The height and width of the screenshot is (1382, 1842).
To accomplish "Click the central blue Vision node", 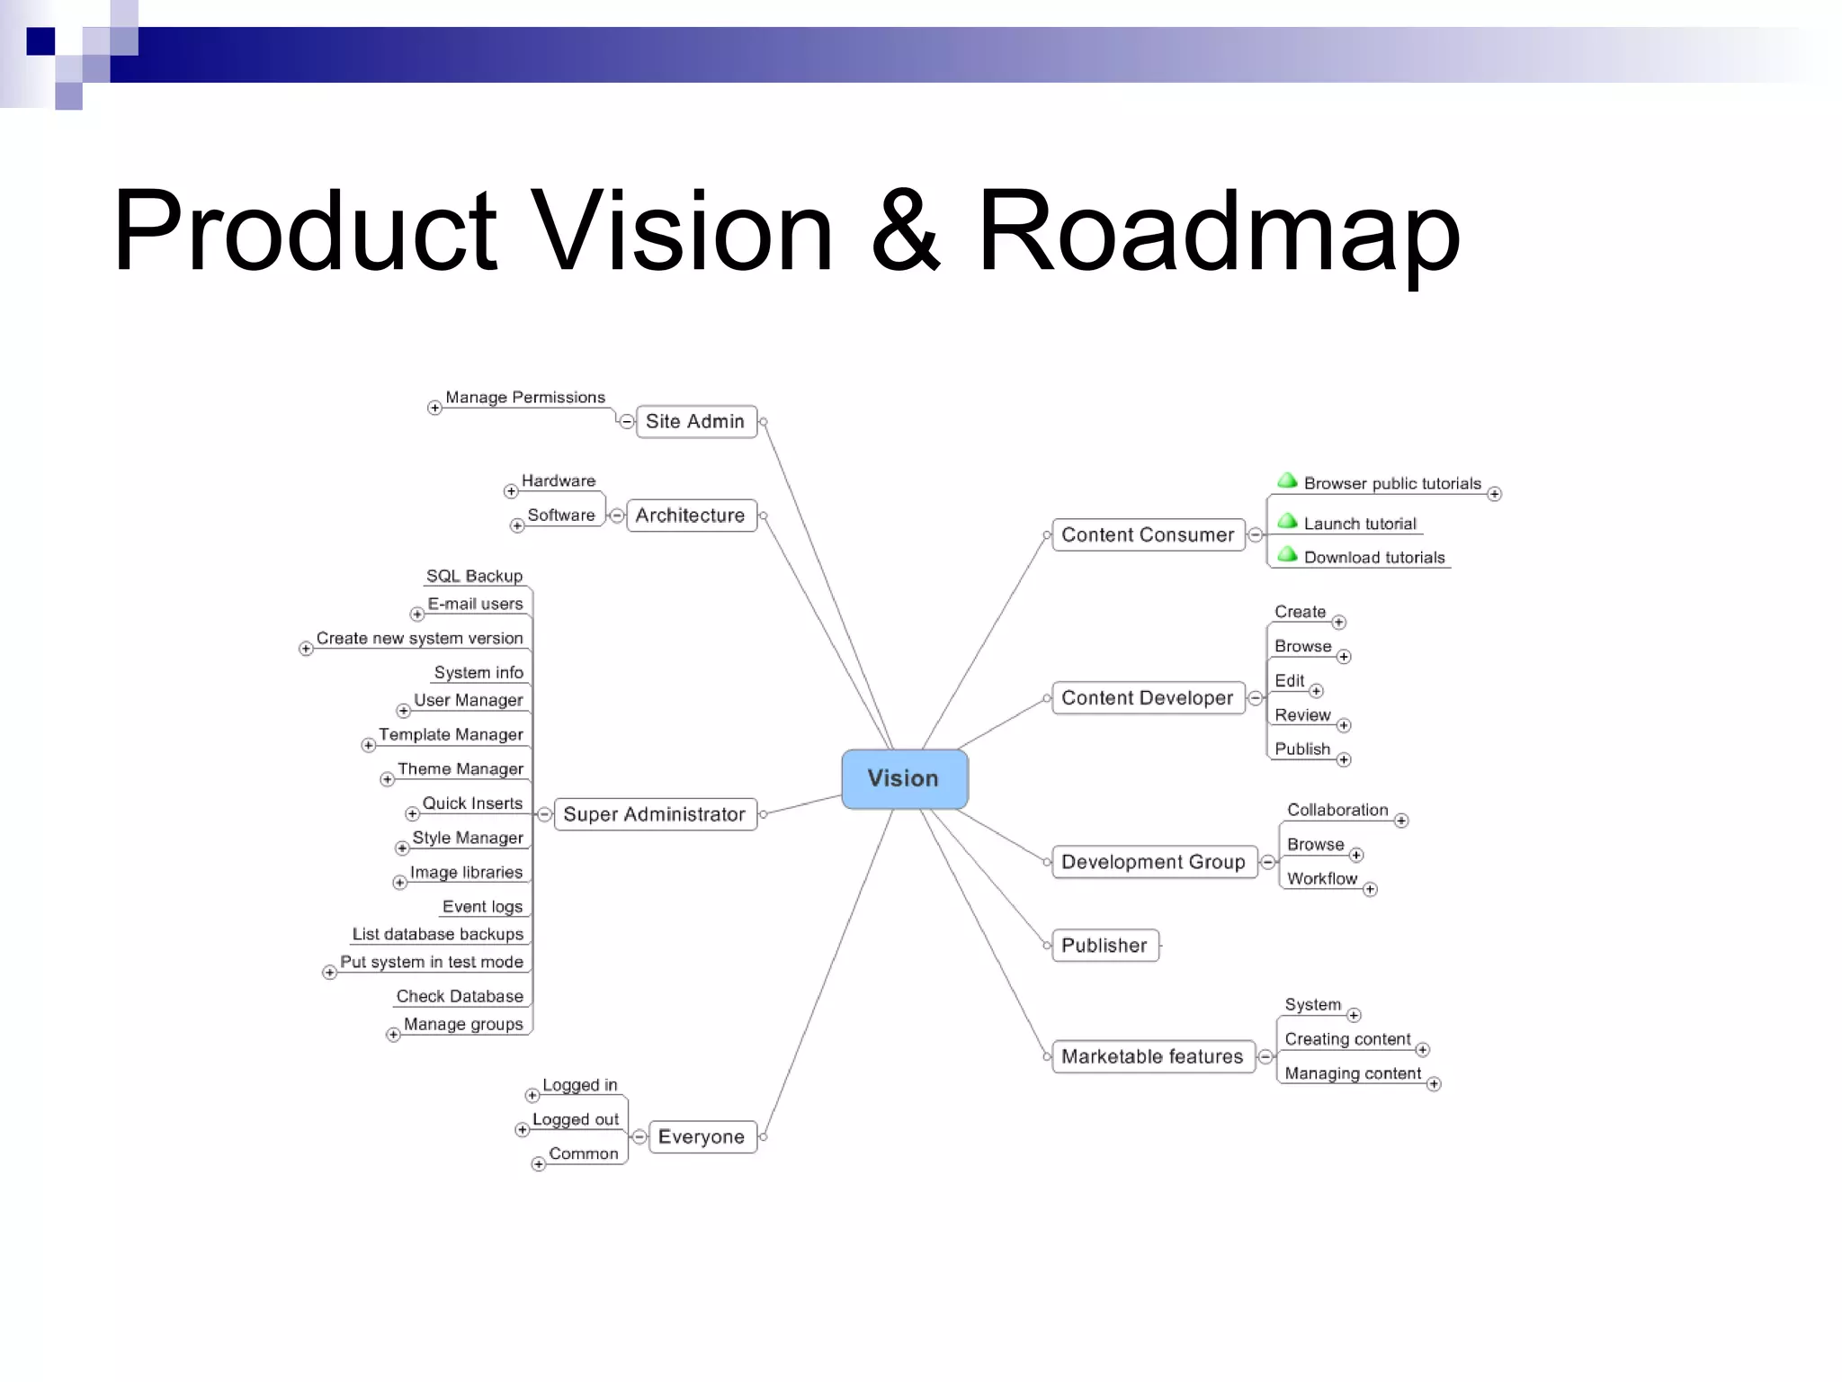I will [x=904, y=778].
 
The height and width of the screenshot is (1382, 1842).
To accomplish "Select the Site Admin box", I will [x=695, y=421].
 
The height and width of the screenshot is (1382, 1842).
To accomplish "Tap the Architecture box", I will [x=690, y=516].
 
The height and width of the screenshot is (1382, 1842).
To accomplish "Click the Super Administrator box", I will [x=654, y=814].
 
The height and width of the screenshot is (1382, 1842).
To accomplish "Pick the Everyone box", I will [x=702, y=1136].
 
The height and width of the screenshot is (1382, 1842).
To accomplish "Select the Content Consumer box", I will [x=1148, y=534].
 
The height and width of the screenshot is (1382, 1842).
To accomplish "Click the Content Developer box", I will [x=1147, y=697].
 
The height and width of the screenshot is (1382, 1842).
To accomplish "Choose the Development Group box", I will [x=1153, y=862].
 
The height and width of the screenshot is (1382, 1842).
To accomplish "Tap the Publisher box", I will [x=1104, y=945].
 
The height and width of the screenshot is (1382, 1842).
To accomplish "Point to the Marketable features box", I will [x=1152, y=1056].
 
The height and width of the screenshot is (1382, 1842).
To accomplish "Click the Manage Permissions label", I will [x=525, y=398].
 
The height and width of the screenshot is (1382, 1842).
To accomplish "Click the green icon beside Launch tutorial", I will [x=1287, y=522].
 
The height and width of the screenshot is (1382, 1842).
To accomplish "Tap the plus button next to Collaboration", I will [x=1401, y=821].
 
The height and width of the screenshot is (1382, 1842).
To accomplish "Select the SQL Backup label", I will [x=474, y=576].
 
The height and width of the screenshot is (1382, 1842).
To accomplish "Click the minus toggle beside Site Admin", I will [x=627, y=422].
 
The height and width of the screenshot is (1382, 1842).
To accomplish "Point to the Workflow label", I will [x=1322, y=878].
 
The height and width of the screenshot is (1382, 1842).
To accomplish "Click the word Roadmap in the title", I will [x=1219, y=231].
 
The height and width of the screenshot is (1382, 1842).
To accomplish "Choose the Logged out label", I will [x=576, y=1119].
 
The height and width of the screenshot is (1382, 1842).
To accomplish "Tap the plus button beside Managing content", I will [x=1434, y=1084].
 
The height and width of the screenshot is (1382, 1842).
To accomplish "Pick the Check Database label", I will [x=460, y=996].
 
